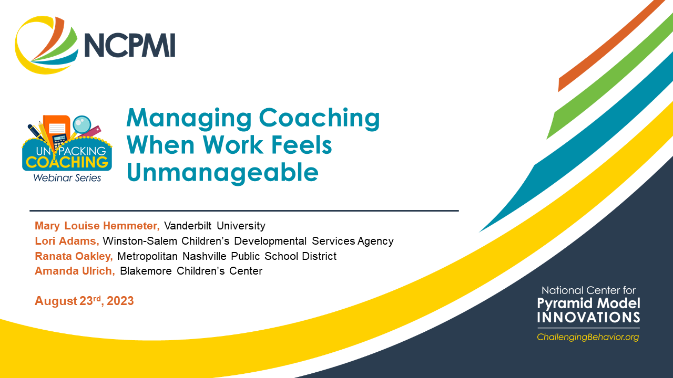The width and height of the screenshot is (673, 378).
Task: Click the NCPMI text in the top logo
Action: click(x=129, y=46)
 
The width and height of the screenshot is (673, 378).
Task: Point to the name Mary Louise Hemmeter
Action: click(x=97, y=226)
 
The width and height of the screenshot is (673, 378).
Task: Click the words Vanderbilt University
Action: click(x=215, y=226)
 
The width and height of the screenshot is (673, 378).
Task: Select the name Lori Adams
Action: click(x=67, y=241)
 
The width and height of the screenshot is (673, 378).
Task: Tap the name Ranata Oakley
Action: click(x=74, y=256)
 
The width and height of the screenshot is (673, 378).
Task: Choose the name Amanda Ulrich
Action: click(x=75, y=271)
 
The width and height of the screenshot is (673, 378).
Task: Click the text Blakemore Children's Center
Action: click(x=191, y=271)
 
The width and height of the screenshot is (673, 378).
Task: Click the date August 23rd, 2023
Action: click(x=84, y=301)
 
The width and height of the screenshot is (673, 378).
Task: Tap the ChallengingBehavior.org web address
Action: click(x=588, y=337)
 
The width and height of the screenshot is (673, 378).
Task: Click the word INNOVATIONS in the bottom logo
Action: click(x=588, y=317)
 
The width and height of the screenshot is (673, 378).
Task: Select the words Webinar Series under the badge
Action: click(x=67, y=178)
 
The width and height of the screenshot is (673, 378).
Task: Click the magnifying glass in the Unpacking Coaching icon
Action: click(x=81, y=124)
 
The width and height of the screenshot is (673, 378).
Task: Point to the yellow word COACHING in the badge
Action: click(x=67, y=162)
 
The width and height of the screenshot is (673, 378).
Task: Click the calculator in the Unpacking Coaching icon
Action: click(x=59, y=140)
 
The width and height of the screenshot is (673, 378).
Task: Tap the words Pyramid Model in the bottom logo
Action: click(x=588, y=303)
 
